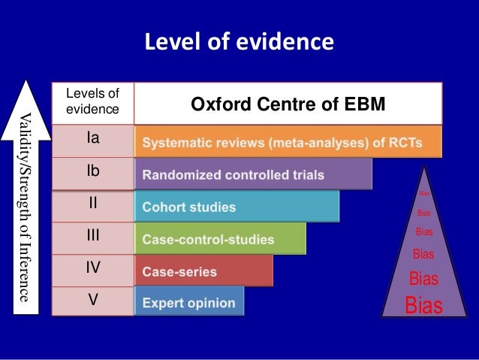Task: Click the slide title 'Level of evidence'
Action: coord(239,41)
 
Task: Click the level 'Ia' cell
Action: coord(93,139)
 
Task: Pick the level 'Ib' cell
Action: coord(93,172)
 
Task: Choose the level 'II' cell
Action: coord(93,204)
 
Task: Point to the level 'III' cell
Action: coord(93,236)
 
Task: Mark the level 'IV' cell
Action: coord(93,268)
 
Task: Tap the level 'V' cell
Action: coord(93,300)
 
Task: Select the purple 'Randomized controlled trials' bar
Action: coord(254,174)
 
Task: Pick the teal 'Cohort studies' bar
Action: coord(236,207)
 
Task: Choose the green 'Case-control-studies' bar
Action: coord(220,239)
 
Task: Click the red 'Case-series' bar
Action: coord(203,271)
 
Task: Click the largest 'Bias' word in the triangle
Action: coord(423,306)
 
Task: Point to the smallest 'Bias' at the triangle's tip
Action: coord(423,193)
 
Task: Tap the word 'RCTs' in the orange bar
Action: coord(402,142)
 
